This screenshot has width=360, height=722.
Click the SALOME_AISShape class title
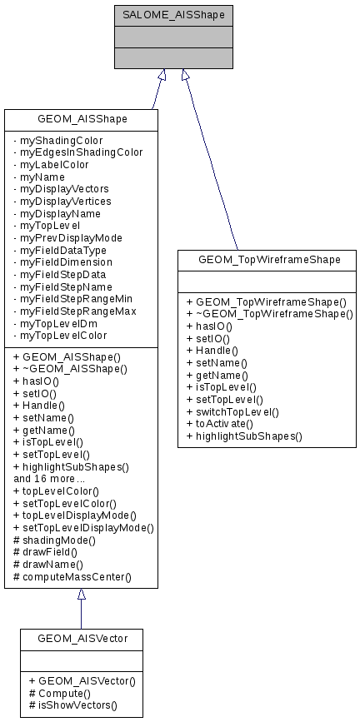(173, 15)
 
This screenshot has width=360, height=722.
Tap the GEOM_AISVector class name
(81, 639)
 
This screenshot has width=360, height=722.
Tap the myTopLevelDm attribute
(56, 323)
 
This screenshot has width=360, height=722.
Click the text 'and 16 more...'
(48, 479)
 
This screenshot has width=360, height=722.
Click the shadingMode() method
(58, 540)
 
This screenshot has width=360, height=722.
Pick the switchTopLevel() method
(232, 411)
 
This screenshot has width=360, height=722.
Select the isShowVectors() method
(72, 705)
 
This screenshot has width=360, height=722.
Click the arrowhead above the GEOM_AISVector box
(81, 595)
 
